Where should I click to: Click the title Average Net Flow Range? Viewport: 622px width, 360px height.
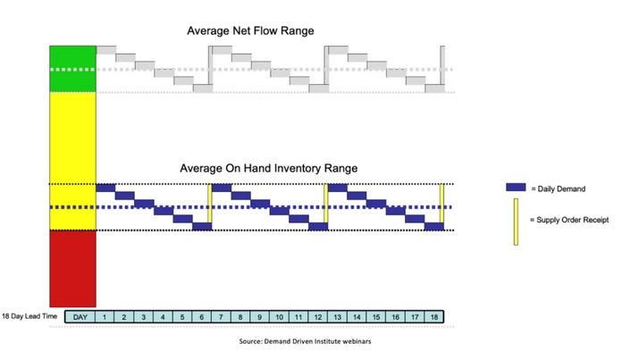point(250,31)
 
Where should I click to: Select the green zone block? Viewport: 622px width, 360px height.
point(72,68)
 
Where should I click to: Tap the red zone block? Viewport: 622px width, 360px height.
point(72,268)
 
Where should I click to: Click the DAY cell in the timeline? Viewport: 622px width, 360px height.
point(80,316)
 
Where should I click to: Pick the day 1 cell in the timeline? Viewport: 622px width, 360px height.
point(105,316)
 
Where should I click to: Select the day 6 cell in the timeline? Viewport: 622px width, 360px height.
point(202,316)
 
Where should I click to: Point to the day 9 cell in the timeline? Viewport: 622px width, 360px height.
point(260,316)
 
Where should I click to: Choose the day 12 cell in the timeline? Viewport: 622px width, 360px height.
point(318,316)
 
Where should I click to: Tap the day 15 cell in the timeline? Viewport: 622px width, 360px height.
point(375,316)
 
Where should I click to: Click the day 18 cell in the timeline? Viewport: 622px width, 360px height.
point(433,316)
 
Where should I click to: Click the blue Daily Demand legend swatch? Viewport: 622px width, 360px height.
point(516,188)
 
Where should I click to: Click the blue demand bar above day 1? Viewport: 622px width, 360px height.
point(105,187)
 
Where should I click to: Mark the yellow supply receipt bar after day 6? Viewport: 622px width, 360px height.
point(210,206)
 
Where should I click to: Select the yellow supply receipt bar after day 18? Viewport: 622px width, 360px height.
point(441,206)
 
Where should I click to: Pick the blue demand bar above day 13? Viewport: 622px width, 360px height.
point(338,187)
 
